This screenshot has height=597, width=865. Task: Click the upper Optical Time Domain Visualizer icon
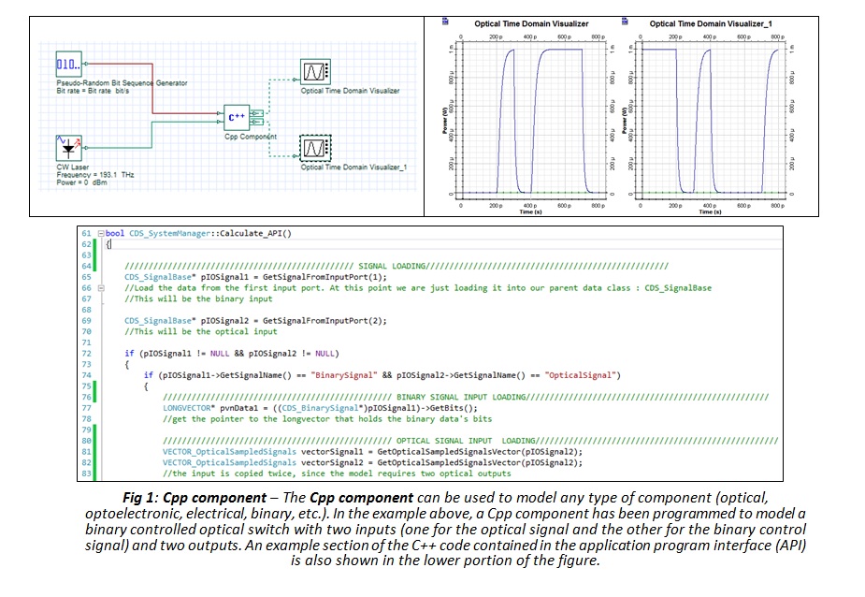coord(314,72)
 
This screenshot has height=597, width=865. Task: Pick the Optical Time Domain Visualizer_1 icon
coord(314,149)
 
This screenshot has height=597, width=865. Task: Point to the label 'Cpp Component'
coord(251,137)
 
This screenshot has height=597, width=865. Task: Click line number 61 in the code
coord(86,233)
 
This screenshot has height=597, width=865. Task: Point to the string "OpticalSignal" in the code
coord(584,375)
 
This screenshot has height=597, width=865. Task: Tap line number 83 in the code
coord(86,473)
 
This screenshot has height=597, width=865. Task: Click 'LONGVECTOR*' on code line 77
coord(184,409)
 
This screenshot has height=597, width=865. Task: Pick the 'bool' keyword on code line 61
coord(115,233)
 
